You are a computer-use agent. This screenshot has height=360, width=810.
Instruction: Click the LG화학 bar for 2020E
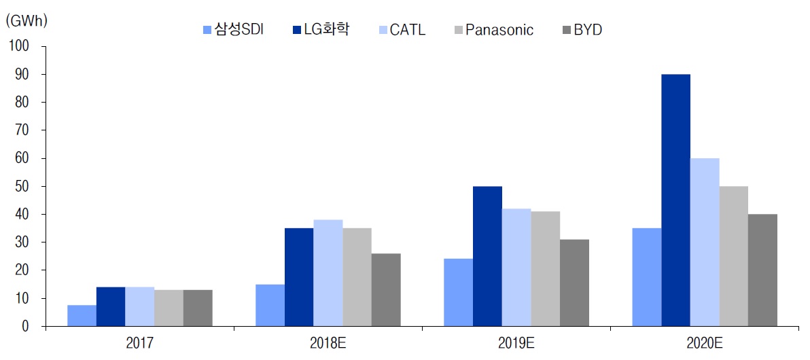tap(675, 200)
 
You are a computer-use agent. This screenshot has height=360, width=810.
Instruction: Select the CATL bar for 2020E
tap(705, 242)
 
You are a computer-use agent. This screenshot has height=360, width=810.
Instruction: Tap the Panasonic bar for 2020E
tap(734, 256)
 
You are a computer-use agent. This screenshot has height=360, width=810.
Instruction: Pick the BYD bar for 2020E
tap(762, 270)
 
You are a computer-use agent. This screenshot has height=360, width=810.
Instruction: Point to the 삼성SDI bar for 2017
tap(82, 316)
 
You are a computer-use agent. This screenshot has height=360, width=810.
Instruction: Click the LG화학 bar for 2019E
tap(487, 256)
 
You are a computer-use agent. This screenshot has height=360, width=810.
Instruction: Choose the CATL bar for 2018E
tap(328, 273)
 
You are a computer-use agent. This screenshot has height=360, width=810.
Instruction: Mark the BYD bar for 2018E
tap(386, 290)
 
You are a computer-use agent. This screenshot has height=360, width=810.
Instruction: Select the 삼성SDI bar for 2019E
tap(458, 293)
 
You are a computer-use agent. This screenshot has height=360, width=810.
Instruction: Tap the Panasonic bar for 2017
tap(169, 308)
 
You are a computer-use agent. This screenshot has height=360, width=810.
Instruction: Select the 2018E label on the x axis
tap(329, 344)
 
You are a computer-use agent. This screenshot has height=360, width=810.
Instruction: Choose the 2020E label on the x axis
tap(705, 344)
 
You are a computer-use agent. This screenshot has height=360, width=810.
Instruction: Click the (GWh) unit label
tap(26, 20)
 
